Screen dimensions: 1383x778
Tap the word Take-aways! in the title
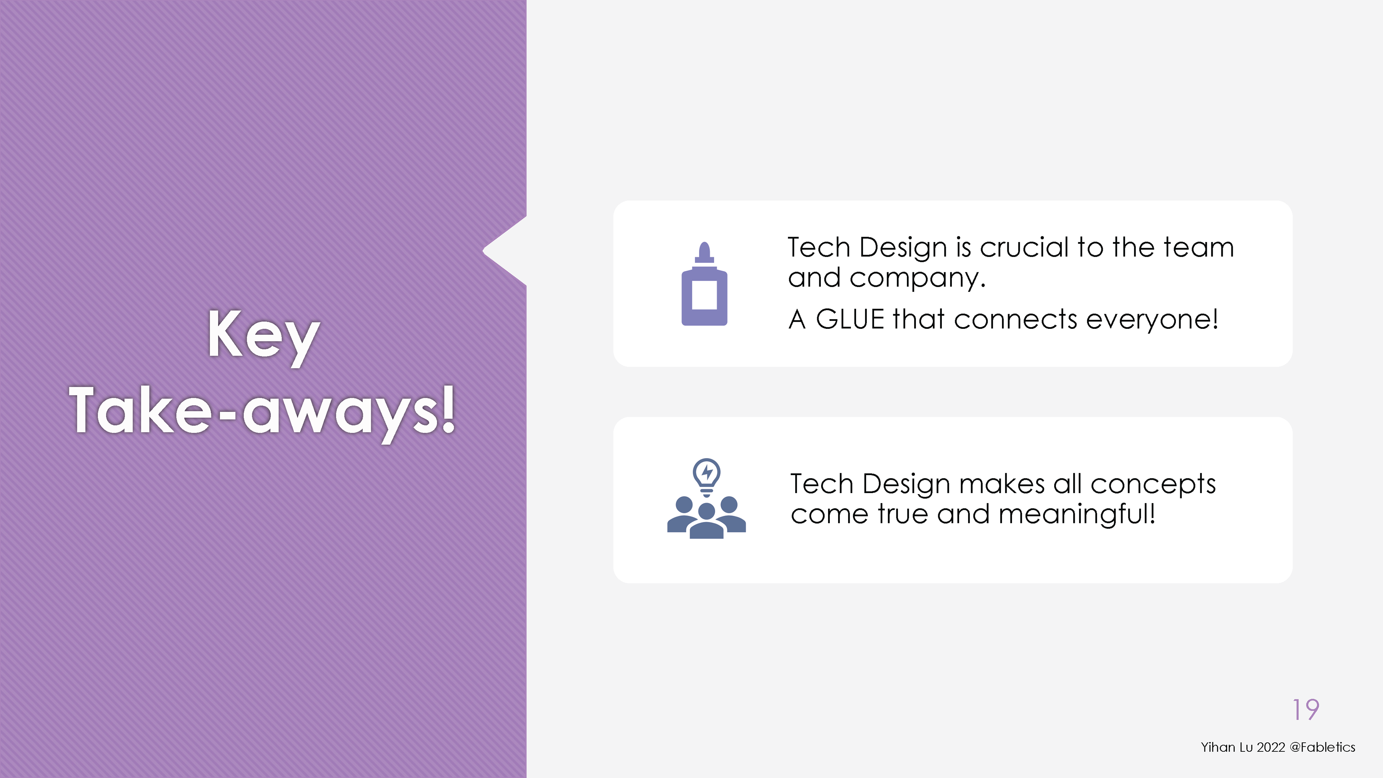click(263, 412)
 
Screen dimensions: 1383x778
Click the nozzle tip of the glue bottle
click(704, 244)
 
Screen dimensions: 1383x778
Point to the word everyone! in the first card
click(1152, 319)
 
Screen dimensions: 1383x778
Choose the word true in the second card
click(903, 514)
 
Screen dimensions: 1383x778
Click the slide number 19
click(1306, 710)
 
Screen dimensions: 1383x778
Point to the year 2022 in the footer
click(1271, 747)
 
